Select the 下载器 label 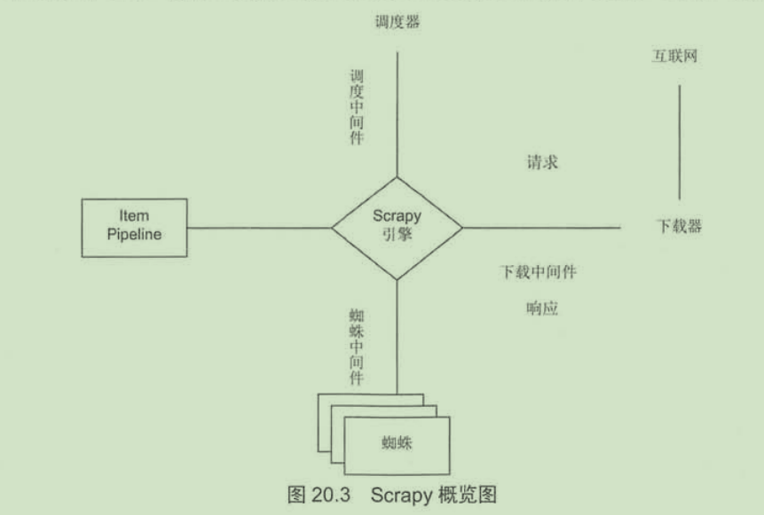coord(679,226)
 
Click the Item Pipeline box coord(134,227)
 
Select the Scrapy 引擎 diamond coord(397,227)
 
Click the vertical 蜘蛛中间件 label coord(356,346)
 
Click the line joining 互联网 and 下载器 coord(680,142)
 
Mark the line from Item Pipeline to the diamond coord(259,227)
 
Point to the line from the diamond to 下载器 coord(541,227)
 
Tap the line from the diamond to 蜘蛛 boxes coord(397,337)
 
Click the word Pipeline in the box coord(134,236)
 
